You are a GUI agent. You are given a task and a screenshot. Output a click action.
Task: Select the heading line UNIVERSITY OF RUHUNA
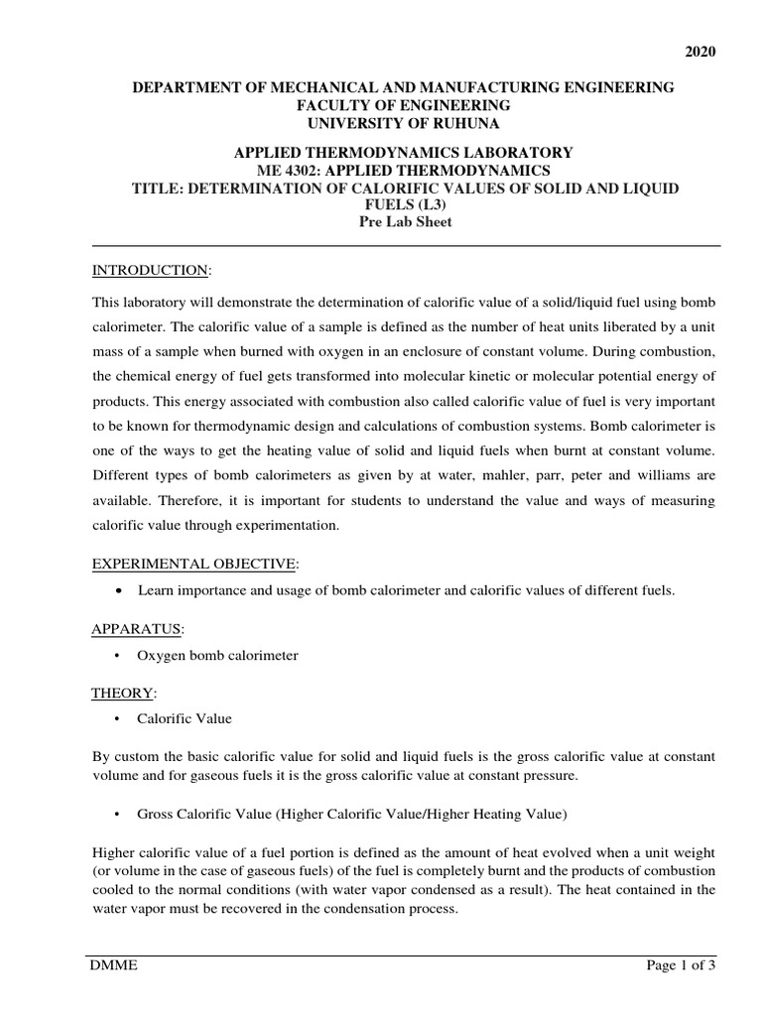click(x=404, y=122)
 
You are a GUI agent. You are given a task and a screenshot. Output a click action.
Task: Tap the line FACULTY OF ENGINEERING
click(x=404, y=105)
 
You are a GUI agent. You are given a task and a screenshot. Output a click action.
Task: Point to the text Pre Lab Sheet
click(x=404, y=221)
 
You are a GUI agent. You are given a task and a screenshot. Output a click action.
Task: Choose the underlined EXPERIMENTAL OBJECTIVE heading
click(x=193, y=564)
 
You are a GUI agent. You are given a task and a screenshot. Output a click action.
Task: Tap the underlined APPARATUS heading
click(x=137, y=629)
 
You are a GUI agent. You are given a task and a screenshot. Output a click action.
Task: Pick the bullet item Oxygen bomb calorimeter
click(x=218, y=655)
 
